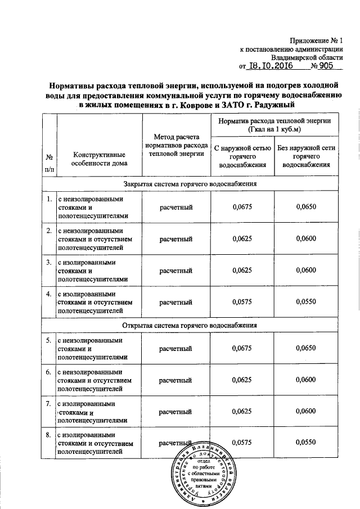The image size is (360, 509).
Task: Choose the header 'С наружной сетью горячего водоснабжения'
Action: (x=242, y=156)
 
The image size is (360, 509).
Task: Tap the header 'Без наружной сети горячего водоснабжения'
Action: (x=307, y=156)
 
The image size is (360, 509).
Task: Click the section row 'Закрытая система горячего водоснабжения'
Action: (x=190, y=184)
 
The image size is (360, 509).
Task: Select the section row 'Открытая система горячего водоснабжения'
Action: (x=190, y=326)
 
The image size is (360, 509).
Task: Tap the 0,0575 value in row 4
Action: (x=242, y=303)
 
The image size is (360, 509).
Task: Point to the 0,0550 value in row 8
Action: (x=307, y=444)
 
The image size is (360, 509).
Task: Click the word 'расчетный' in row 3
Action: (x=176, y=271)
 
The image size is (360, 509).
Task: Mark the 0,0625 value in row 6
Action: (x=242, y=381)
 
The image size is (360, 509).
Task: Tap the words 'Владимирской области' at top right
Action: (x=307, y=57)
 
